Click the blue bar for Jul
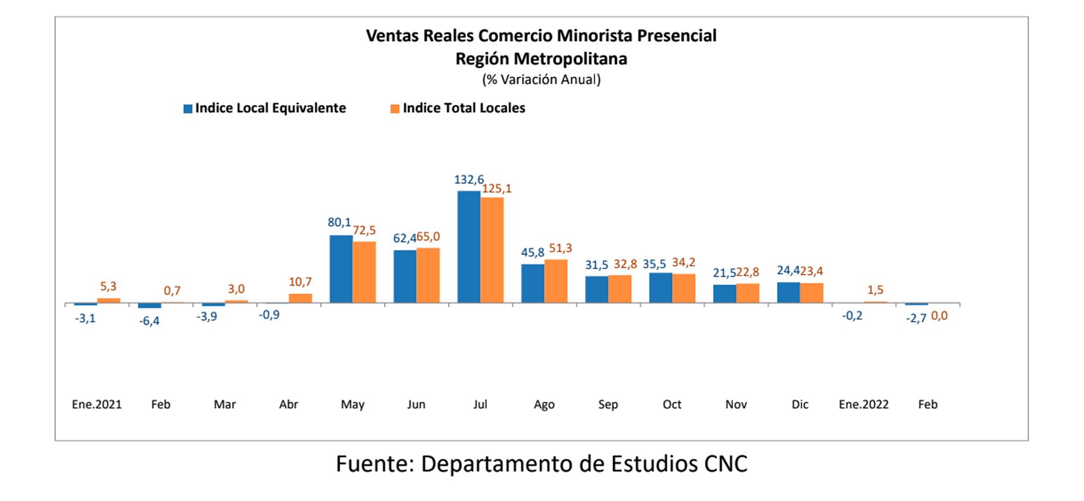[x=468, y=247]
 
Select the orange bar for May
[x=364, y=272]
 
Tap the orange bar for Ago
[x=555, y=281]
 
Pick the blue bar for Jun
[x=405, y=276]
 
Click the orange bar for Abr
[x=300, y=298]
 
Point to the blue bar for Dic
[x=788, y=292]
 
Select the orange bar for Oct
[x=684, y=288]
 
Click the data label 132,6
[x=469, y=180]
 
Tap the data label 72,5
[x=365, y=230]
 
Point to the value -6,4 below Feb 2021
[x=149, y=321]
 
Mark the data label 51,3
[x=560, y=248]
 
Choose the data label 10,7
[x=300, y=282]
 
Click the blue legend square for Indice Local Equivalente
[x=188, y=109]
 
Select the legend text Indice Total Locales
[x=464, y=108]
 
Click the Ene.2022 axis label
[x=864, y=404]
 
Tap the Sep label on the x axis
[x=608, y=404]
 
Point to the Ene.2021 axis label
[x=97, y=404]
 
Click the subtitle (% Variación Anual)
[x=541, y=79]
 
